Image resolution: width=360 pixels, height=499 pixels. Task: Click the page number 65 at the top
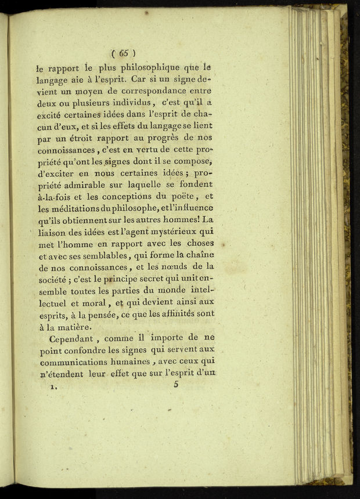click(x=124, y=52)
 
